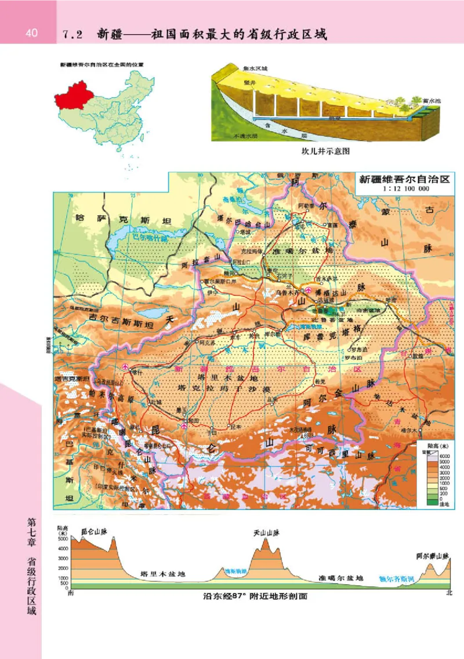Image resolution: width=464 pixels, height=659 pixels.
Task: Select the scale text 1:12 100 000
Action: click(x=405, y=189)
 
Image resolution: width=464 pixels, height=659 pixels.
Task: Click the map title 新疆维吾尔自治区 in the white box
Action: click(x=404, y=179)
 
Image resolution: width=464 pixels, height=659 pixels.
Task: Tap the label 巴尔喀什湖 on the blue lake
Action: click(x=150, y=238)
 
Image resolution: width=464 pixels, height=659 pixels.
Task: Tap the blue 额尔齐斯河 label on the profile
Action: click(x=396, y=578)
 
